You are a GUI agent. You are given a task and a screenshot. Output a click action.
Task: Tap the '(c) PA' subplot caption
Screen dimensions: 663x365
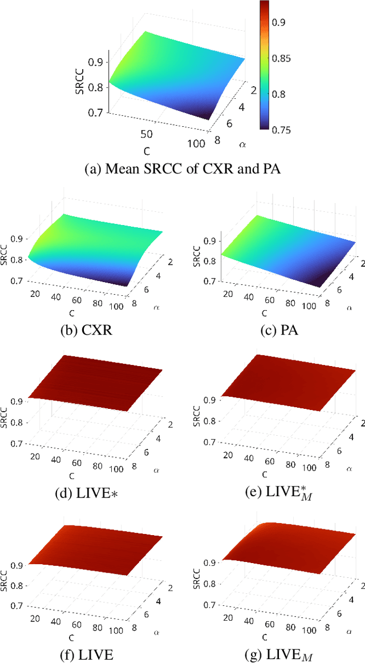pyautogui.click(x=275, y=329)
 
